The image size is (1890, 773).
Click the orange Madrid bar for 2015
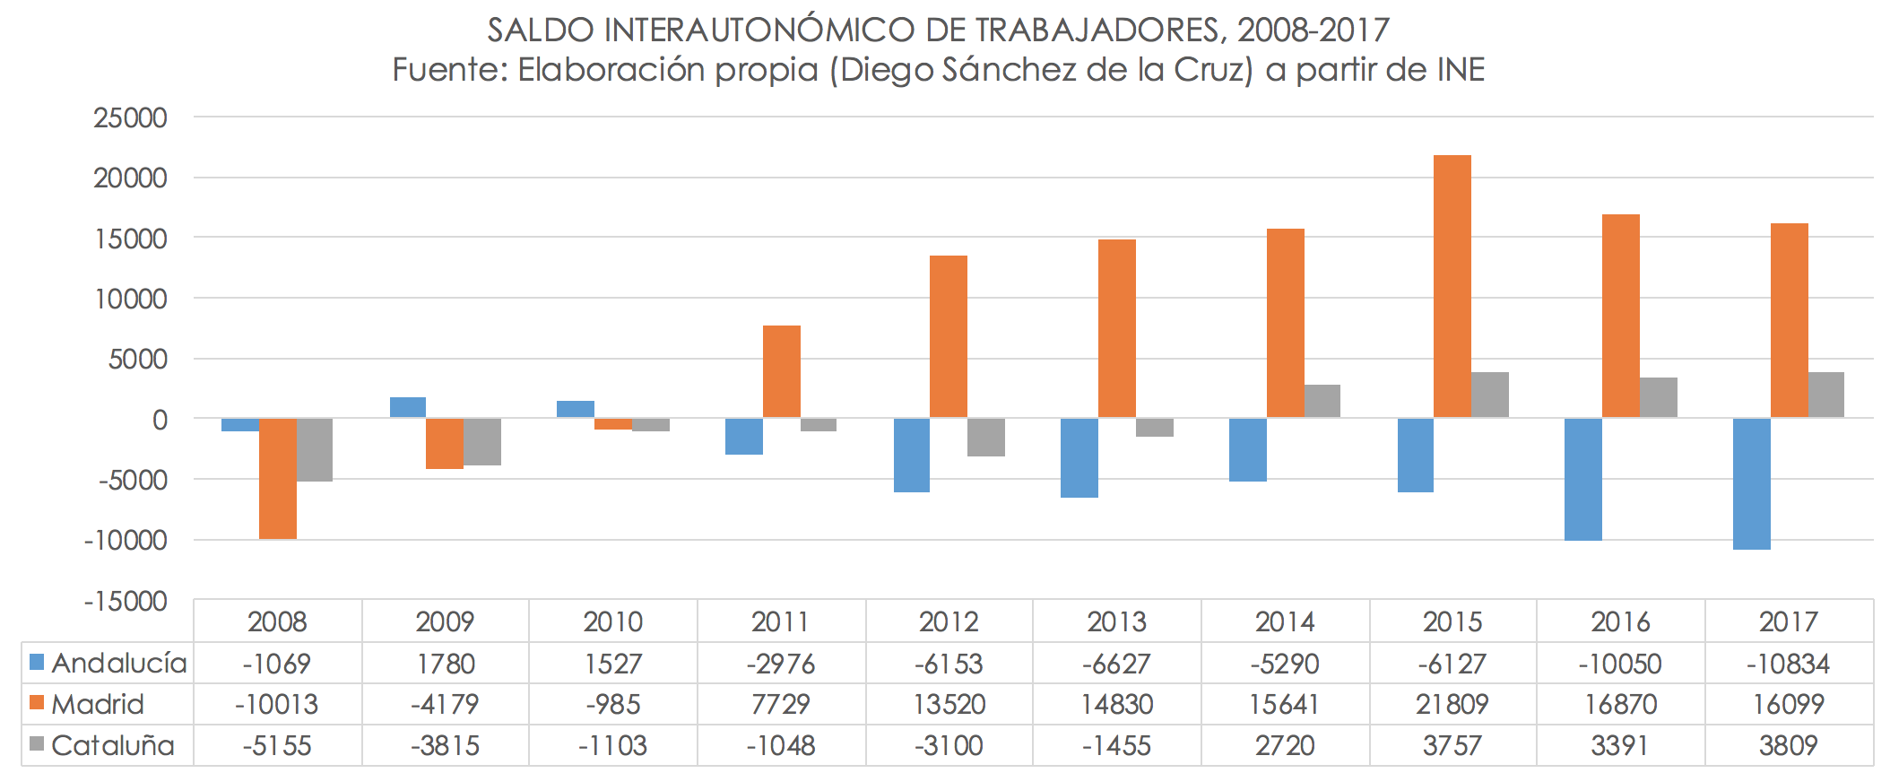(1452, 287)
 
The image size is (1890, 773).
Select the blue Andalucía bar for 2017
(1751, 484)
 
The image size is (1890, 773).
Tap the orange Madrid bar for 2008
(278, 479)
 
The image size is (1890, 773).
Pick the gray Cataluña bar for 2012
(985, 438)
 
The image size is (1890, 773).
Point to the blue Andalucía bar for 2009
(408, 408)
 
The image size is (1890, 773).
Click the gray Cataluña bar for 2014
(1322, 402)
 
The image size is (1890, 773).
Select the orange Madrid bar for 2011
(781, 372)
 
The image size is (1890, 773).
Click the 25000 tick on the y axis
(131, 117)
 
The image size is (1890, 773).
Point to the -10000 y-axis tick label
(126, 540)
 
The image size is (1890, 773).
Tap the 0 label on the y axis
(160, 420)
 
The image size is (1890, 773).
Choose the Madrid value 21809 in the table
(1452, 705)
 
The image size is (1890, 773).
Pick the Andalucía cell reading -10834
(1788, 664)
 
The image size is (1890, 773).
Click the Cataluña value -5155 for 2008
(277, 746)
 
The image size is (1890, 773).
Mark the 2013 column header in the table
(1116, 621)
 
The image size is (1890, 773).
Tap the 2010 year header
(612, 621)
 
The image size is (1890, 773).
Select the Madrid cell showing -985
(613, 705)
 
